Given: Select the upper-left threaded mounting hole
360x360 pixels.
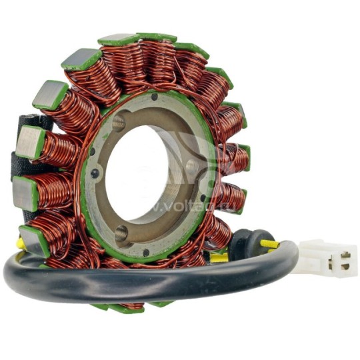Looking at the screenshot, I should point(119,123).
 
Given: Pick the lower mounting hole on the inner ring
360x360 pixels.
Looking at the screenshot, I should point(122,234).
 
